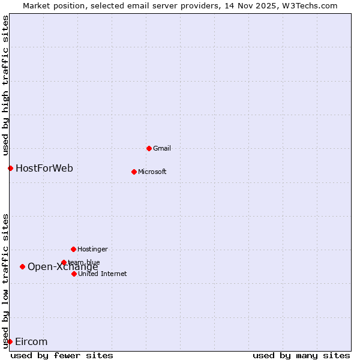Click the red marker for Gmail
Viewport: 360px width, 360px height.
[149, 148]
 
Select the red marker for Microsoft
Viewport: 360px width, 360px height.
[134, 172]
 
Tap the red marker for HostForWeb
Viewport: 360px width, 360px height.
[10, 168]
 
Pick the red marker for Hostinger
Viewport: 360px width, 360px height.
[73, 249]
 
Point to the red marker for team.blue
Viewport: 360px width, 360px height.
[64, 262]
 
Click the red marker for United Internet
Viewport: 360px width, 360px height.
[74, 274]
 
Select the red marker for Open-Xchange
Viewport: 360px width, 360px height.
[22, 266]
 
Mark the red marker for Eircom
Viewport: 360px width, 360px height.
[10, 341]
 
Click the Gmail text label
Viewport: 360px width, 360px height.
[163, 148]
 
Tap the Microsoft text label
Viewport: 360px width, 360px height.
[152, 172]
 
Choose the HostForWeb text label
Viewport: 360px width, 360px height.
[44, 168]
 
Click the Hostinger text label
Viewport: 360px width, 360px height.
[93, 249]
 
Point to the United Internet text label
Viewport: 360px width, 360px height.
[103, 274]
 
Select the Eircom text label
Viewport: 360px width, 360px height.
[31, 341]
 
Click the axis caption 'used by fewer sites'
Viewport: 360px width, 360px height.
[62, 355]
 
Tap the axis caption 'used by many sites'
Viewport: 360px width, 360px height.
[301, 355]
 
